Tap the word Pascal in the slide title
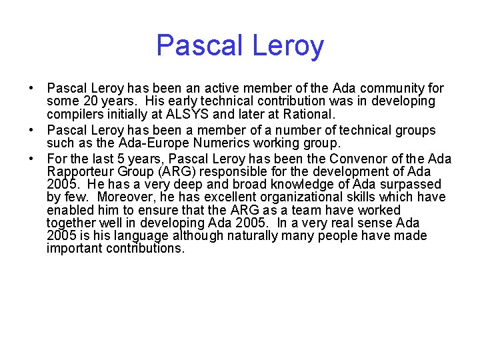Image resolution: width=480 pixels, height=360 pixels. [x=197, y=46]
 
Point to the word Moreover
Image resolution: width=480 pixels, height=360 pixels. [x=127, y=197]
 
